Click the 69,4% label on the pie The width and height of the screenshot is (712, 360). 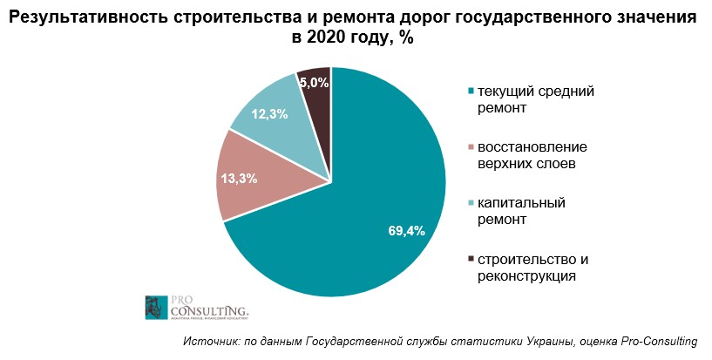point(405,231)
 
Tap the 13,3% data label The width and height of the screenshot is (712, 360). point(239,179)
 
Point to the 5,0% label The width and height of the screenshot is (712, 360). point(314,83)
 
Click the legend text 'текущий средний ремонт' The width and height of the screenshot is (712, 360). point(521,98)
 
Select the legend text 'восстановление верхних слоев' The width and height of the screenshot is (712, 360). point(526,154)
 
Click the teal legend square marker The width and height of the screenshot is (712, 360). point(471,91)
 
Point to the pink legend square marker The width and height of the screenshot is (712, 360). point(471,146)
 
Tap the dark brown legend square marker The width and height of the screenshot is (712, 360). point(471,259)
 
